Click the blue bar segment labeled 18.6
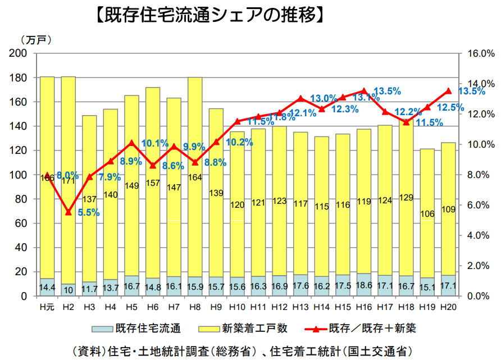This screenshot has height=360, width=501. tap(364, 285)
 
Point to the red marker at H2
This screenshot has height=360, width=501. tap(69, 212)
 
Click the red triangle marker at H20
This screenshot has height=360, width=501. tap(448, 90)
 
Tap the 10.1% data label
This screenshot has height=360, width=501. tap(155, 143)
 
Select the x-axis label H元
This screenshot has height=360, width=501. tap(47, 307)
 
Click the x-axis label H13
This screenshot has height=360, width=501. tap(300, 307)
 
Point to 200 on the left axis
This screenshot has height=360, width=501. tap(20, 53)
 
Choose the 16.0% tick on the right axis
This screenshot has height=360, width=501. tap(481, 53)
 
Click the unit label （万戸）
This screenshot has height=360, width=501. tap(36, 40)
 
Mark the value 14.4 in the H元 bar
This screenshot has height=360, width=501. tap(47, 288)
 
